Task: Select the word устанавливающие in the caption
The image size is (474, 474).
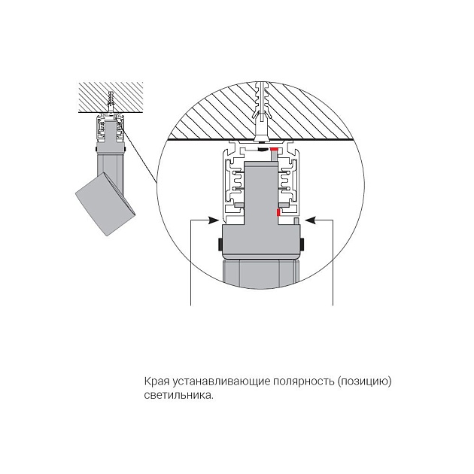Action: (221, 382)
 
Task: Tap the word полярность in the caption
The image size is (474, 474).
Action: (304, 382)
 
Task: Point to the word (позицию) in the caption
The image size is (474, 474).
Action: (365, 382)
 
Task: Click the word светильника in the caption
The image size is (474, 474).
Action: (178, 396)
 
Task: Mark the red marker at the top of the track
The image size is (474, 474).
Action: (274, 149)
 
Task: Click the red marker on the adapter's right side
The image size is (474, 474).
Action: (278, 213)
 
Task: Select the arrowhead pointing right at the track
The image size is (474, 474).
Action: (214, 220)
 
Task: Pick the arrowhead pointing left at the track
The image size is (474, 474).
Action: (311, 220)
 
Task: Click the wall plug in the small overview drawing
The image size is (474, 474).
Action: (110, 102)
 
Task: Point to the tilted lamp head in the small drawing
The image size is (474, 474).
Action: (105, 205)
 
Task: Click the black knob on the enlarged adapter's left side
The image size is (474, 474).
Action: (220, 245)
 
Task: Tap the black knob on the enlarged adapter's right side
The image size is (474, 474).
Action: (302, 245)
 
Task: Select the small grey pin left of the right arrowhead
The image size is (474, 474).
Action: (296, 221)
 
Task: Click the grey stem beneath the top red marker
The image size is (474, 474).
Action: (274, 156)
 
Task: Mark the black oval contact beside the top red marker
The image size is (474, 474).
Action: (263, 150)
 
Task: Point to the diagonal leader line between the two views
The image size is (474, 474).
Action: (140, 156)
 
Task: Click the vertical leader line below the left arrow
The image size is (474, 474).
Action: (191, 263)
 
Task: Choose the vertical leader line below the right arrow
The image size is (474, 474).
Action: (333, 263)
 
